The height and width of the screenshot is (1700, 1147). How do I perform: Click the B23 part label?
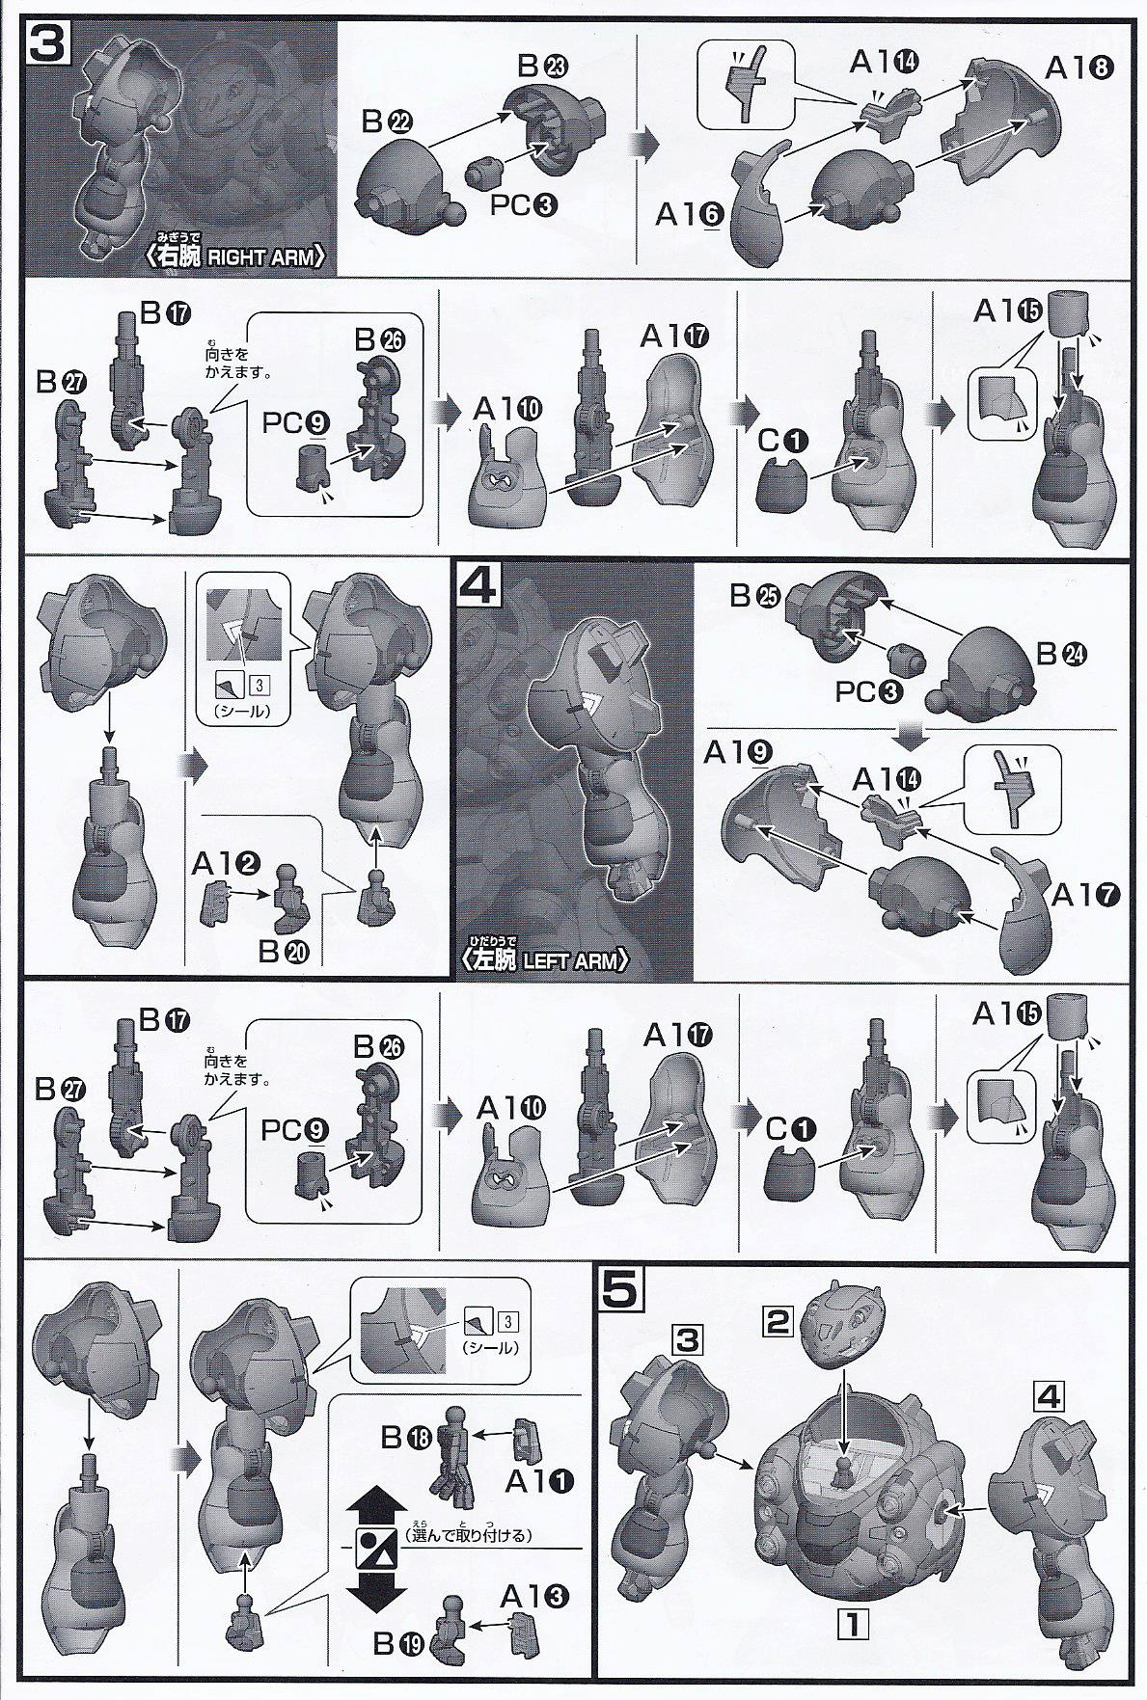pos(543,67)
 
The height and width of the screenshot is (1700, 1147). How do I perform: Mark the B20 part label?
pos(284,952)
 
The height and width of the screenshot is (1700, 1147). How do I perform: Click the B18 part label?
pos(405,1437)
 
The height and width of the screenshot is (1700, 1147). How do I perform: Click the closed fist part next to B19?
pos(456,1636)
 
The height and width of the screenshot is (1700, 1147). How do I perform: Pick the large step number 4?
pos(478,587)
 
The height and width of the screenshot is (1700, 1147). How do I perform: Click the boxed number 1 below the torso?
pos(853,1624)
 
